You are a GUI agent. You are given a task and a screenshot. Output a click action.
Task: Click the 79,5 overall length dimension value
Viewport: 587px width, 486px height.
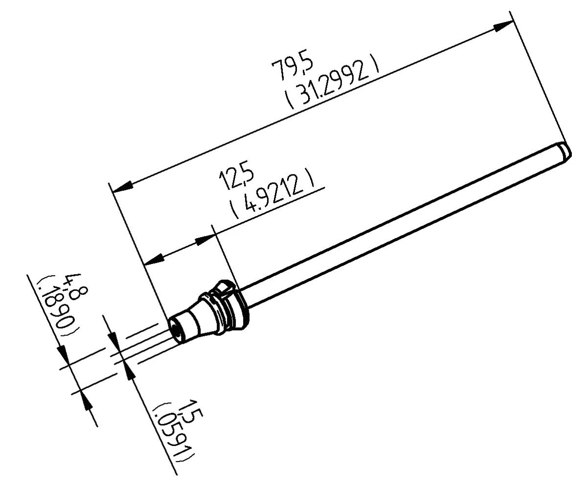pos(292,69)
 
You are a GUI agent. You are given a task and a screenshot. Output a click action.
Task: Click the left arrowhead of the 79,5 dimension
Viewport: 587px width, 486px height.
pos(122,186)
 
